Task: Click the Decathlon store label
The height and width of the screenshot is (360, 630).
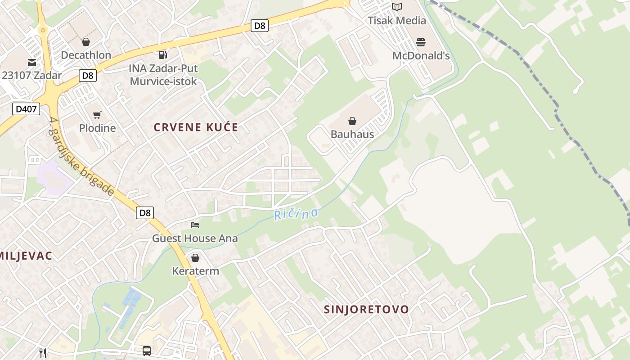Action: (x=86, y=55)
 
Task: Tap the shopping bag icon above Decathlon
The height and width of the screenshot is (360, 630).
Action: (x=86, y=42)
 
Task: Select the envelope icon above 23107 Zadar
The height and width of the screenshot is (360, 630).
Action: (x=32, y=62)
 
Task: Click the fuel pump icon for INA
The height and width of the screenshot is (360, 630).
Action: (x=162, y=55)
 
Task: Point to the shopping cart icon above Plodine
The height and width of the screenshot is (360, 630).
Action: (x=97, y=115)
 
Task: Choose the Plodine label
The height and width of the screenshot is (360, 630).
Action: (x=97, y=128)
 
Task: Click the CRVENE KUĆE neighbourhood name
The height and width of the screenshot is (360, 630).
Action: (x=196, y=127)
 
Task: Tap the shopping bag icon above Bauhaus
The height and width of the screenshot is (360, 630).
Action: (x=352, y=121)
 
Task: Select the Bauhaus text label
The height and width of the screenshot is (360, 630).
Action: (x=352, y=134)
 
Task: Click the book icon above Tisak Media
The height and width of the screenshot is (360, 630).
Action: (x=396, y=7)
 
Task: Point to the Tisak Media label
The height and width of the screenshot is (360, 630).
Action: (x=396, y=20)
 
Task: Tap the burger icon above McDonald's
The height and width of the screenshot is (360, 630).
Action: (x=421, y=42)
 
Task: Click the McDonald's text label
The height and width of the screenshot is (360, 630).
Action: (x=421, y=56)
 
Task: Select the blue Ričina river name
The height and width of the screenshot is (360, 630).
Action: (x=296, y=214)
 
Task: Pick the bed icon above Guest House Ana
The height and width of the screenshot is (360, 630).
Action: (x=195, y=225)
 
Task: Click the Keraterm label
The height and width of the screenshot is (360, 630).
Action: (x=196, y=271)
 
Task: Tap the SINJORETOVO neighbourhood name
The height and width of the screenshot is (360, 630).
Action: (x=367, y=310)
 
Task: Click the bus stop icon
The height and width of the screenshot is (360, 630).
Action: (x=147, y=351)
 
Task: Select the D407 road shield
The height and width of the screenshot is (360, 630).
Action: (x=26, y=108)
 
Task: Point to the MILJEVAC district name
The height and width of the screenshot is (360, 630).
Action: (x=26, y=256)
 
